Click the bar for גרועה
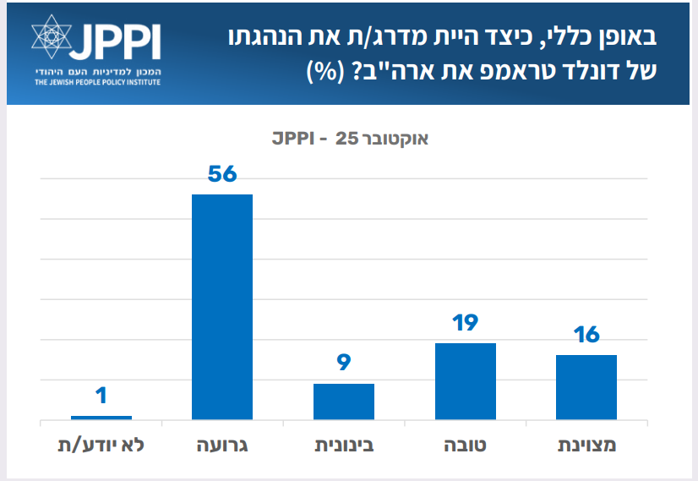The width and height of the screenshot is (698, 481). [x=222, y=307]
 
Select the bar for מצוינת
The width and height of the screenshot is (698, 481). [x=586, y=387]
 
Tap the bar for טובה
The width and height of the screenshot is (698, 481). [x=465, y=381]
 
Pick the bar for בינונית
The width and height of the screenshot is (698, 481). [x=344, y=402]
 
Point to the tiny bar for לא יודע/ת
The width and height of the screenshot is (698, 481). [x=101, y=417]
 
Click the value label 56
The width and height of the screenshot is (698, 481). [x=222, y=174]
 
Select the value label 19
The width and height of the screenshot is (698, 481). [x=465, y=323]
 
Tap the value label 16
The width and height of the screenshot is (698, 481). [x=586, y=335]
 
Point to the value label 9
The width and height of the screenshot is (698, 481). [x=344, y=363]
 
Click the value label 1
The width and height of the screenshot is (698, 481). [x=101, y=396]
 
